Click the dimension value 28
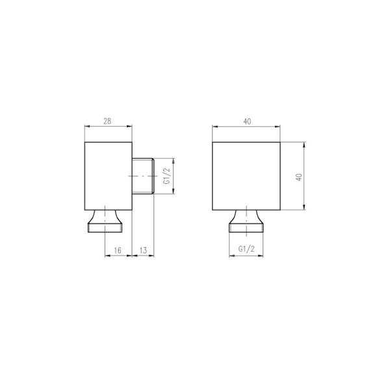pos(107,121)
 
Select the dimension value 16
pos(118,250)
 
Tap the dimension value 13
pos(143,250)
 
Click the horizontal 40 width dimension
pos(247,122)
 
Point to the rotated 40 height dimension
pos(299,177)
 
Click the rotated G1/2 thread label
pos(167,176)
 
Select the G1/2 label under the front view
pos(246,249)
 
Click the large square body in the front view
pos(246,176)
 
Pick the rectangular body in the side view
pos(108,176)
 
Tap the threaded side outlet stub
pos(143,176)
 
